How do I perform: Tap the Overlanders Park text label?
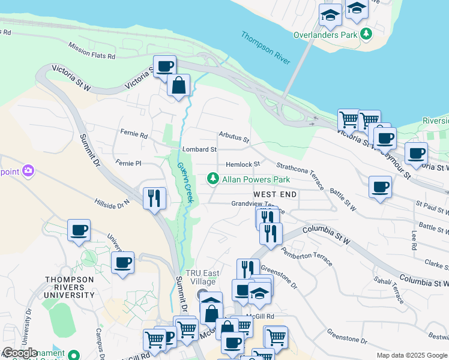[x=325, y=35]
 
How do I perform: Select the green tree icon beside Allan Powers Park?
[x=212, y=179]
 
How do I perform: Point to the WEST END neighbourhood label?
[x=275, y=195]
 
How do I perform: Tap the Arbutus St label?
[x=234, y=137]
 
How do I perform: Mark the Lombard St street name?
[x=199, y=149]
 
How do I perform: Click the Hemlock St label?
[x=243, y=164]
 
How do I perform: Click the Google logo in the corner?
[x=20, y=353]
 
